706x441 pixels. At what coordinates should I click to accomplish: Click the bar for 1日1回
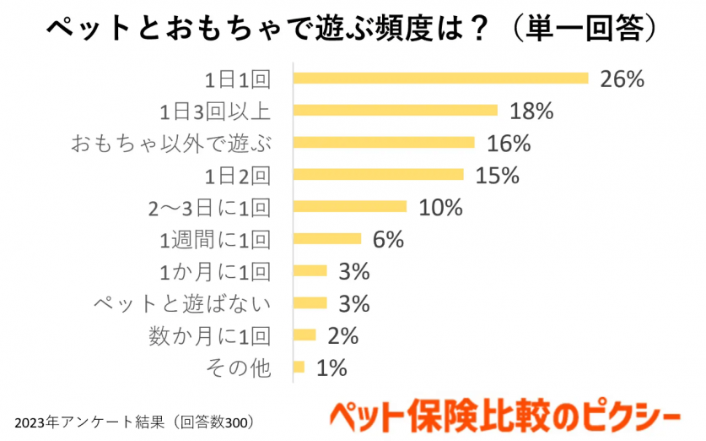tap(440, 79)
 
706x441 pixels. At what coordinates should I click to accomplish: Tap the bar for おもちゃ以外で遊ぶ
tap(384, 142)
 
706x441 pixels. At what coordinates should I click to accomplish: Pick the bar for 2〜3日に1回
tap(349, 206)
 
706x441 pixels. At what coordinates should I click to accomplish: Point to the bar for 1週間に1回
tap(326, 238)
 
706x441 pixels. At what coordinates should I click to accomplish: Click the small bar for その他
tap(299, 367)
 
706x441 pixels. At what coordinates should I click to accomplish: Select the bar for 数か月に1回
tap(304, 335)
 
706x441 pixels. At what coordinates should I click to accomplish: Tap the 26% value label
tap(622, 79)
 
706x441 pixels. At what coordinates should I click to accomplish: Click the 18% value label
tap(531, 111)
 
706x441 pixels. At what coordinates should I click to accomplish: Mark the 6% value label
tap(388, 239)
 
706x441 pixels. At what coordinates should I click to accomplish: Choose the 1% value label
tap(331, 367)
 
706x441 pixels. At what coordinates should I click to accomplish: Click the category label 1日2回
tap(238, 175)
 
